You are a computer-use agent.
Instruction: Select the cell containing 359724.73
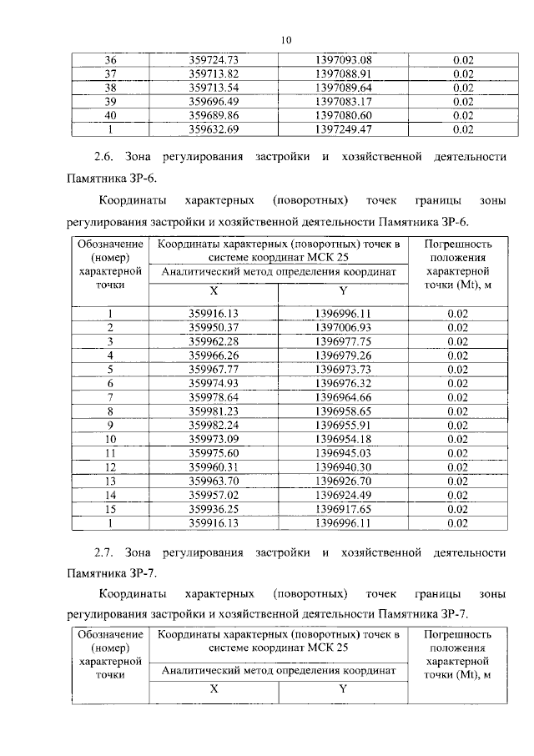214,60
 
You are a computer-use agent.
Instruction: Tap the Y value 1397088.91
343,74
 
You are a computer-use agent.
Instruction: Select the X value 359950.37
214,327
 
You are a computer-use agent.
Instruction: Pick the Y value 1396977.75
343,341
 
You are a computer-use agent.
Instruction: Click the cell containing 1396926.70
343,481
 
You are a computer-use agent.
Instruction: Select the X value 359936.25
214,509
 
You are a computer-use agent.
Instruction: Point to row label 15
109,509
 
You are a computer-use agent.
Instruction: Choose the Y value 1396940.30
343,466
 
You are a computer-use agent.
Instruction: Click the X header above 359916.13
214,291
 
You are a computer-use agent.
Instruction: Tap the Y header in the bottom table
343,689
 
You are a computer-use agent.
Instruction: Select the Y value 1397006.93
343,327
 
